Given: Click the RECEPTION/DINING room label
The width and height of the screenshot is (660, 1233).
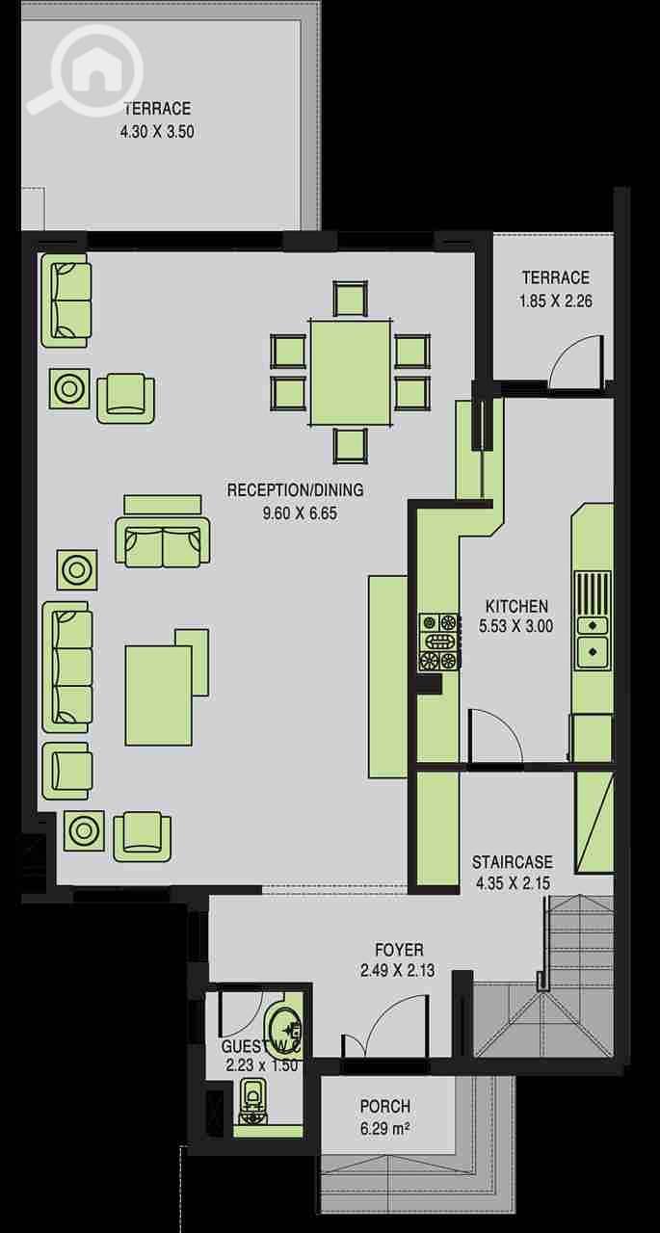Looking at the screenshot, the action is click(x=296, y=489).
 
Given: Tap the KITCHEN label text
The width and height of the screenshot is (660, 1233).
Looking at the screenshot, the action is click(x=516, y=606).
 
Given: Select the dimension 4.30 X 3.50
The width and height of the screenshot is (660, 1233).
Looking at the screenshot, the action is click(x=157, y=132).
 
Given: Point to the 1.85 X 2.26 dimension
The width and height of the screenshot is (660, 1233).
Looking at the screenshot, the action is click(x=556, y=302).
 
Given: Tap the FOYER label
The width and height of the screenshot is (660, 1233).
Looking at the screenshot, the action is click(x=400, y=949).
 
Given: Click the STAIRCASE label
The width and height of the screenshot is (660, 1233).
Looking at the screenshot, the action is click(x=512, y=861).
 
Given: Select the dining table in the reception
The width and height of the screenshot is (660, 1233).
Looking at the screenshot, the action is click(x=351, y=373).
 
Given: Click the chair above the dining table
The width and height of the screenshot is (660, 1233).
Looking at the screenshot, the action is click(x=350, y=298).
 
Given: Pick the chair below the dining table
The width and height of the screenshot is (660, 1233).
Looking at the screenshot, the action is click(x=350, y=446).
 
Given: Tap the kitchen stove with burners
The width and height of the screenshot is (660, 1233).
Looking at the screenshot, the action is click(x=439, y=642).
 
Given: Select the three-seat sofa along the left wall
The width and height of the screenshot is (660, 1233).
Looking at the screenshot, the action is click(x=67, y=667).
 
